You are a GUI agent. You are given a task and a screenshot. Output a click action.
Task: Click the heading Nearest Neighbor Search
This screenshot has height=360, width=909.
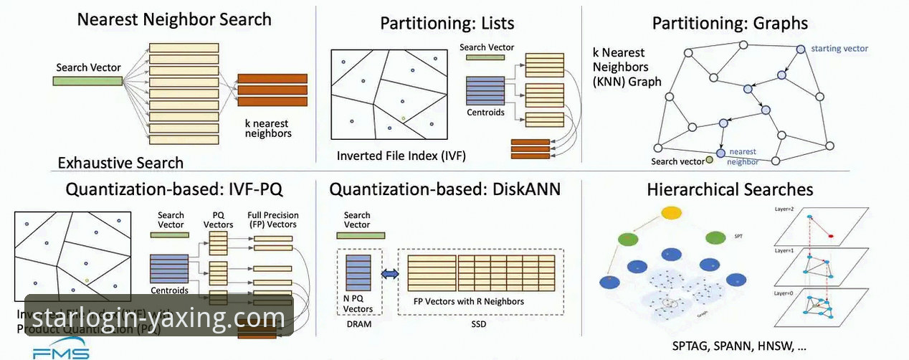[174, 19]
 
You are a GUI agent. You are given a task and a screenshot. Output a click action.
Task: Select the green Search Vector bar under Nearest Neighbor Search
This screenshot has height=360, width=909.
[87, 81]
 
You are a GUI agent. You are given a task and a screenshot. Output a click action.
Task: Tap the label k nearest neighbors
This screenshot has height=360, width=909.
[268, 128]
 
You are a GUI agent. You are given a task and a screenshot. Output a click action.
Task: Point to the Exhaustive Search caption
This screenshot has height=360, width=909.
[120, 163]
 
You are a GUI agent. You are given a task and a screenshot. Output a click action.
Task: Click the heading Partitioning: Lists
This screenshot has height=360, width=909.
[447, 23]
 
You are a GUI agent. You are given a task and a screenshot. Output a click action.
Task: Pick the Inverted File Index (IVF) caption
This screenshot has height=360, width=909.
[401, 155]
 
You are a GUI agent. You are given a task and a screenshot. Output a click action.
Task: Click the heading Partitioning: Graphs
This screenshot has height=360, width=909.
[730, 23]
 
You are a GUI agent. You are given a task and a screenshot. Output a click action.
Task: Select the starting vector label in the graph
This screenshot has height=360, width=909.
[839, 49]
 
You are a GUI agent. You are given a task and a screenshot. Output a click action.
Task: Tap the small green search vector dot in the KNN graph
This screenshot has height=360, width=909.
[709, 159]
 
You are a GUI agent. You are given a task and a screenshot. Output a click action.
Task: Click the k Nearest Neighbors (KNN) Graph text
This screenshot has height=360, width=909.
[627, 67]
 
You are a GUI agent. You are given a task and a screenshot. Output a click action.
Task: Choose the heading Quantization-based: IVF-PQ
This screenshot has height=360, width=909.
[174, 189]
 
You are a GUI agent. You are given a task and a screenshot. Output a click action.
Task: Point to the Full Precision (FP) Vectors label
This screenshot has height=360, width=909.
[273, 219]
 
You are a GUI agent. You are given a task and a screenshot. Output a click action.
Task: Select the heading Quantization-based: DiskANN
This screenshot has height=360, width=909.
[444, 189]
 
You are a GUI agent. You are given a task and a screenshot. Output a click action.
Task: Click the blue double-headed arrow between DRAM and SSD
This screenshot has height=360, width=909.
[389, 274]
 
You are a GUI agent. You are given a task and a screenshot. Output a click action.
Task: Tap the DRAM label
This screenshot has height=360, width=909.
[359, 323]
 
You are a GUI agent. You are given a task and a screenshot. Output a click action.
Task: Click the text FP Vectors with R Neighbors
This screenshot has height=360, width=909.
[469, 301]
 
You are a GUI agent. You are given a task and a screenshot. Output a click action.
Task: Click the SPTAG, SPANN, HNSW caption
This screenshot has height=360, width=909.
[739, 346]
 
